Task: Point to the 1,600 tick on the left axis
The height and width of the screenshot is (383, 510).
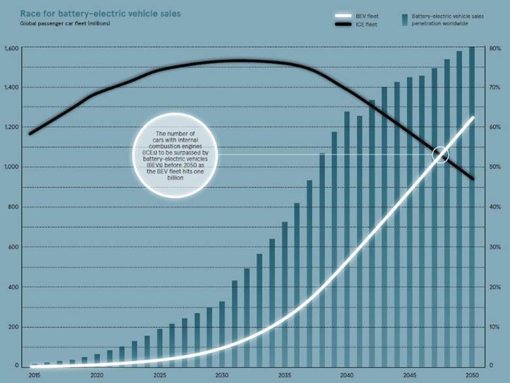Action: coord(11,48)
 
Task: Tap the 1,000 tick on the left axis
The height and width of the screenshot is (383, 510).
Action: coord(11,167)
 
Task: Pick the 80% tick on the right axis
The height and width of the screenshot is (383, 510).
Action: coord(496,48)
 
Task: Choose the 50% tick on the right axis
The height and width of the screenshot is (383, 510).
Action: coord(496,167)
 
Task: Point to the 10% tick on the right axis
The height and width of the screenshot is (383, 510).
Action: coord(496,327)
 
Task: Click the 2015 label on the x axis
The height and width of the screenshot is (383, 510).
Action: coord(34,376)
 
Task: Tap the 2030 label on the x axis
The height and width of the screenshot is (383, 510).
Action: coord(222,376)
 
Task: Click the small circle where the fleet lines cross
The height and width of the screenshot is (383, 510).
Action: coord(441,155)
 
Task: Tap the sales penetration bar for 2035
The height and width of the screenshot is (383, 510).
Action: coord(284,294)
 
